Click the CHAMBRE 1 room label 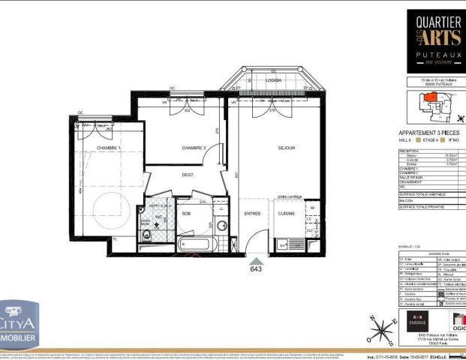click(x=108, y=148)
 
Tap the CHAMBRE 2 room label click(x=194, y=148)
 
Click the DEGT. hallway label click(x=188, y=175)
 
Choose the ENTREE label click(x=252, y=214)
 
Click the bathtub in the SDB click(x=199, y=244)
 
